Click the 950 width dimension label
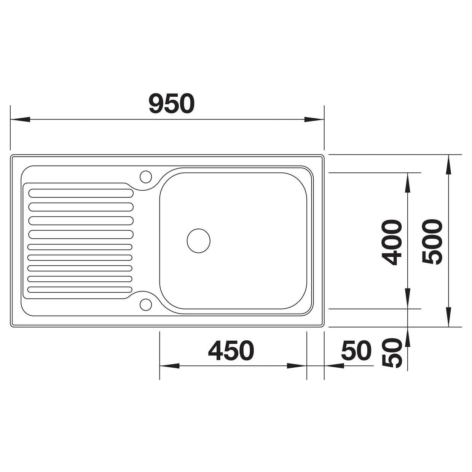172,104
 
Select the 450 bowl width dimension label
231,351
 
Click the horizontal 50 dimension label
356,351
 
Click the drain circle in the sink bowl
198,241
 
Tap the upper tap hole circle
146,177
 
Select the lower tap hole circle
146,305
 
